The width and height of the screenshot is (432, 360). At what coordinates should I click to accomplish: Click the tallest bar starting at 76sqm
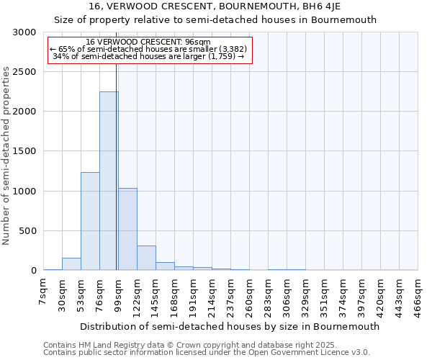point(109,181)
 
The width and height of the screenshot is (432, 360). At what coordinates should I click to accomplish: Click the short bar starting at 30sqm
point(71,264)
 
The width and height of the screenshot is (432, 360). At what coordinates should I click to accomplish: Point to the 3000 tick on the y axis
point(24,33)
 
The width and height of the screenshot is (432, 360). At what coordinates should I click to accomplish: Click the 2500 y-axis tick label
point(24,73)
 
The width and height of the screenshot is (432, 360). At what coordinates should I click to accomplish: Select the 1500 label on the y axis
point(24,152)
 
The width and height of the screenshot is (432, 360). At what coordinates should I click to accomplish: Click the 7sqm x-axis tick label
point(43,294)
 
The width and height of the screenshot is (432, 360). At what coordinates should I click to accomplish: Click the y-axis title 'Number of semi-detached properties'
point(8,156)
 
